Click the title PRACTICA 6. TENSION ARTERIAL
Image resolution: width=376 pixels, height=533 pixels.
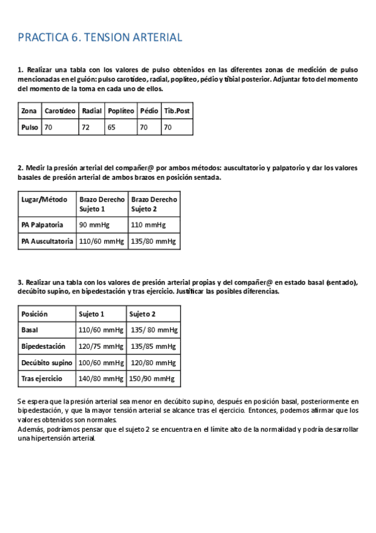point(100,38)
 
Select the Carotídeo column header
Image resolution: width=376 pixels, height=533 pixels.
point(60,111)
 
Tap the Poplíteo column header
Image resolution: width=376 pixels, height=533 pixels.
point(121,111)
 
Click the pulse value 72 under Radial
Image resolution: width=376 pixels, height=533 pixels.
point(85,127)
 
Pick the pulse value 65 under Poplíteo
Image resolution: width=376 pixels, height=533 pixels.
point(112,127)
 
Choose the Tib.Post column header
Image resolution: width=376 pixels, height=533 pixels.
point(176,111)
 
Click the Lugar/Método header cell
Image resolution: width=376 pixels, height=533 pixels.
point(44,200)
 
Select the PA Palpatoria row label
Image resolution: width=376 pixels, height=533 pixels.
point(42,224)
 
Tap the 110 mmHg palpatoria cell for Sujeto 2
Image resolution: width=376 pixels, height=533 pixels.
point(148,224)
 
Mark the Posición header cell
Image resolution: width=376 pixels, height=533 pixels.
point(35,314)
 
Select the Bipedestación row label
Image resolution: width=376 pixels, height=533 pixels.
point(43,346)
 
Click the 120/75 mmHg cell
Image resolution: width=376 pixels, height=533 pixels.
point(100,346)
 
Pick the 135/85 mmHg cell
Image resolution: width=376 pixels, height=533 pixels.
point(153,346)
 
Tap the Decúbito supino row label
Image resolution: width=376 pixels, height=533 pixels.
point(46,363)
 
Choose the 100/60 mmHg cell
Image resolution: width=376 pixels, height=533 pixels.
point(100,363)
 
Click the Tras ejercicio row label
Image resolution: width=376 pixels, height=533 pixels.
point(42,379)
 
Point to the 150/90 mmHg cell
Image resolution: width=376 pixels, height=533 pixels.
point(153,379)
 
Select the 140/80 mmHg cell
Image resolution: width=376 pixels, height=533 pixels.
point(100,379)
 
